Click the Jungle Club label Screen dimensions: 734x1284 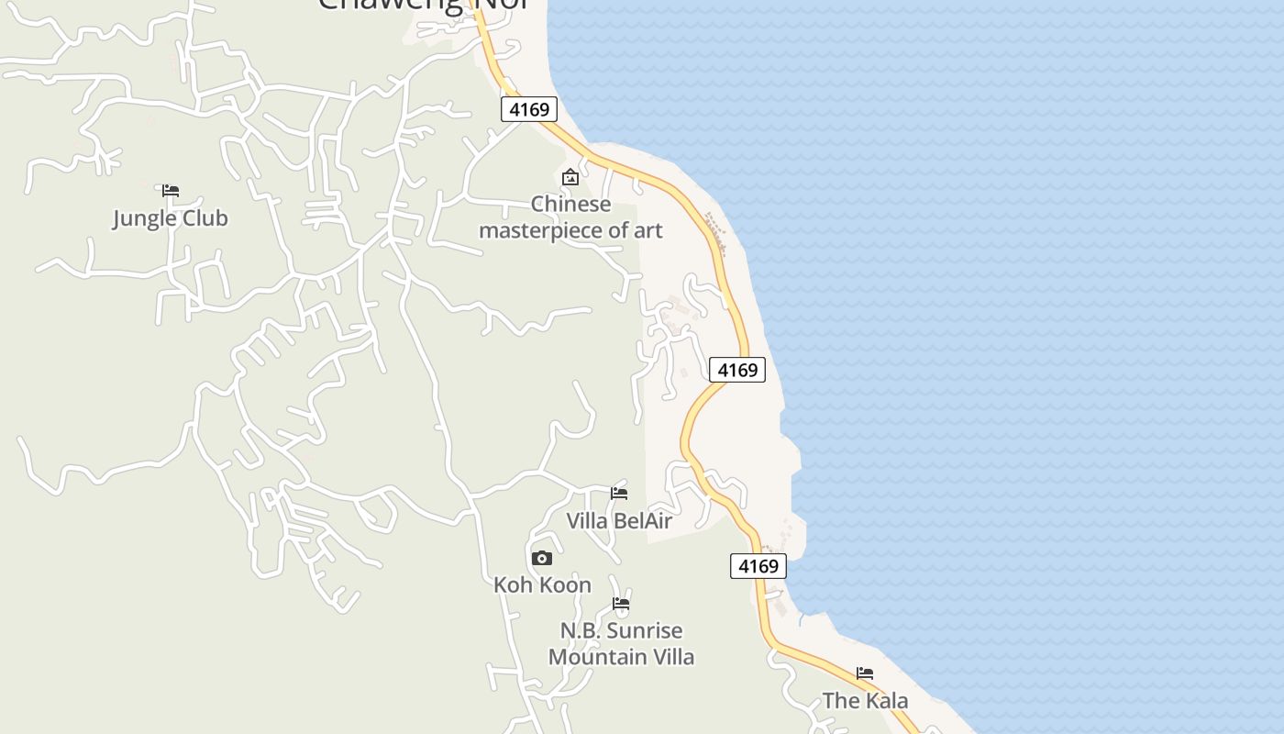pos(170,218)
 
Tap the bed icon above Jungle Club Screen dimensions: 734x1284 pos(171,191)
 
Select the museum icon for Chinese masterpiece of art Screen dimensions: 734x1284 pos(570,177)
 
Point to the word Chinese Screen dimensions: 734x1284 pos(570,204)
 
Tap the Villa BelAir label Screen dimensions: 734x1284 pos(619,521)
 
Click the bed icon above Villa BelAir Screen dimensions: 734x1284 pos(619,494)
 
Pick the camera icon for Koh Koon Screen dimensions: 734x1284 pos(542,558)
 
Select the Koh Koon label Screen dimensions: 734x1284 pos(542,584)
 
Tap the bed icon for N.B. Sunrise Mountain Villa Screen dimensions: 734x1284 pos(621,604)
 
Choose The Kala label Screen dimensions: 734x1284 pos(865,701)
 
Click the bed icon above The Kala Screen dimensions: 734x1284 pos(865,673)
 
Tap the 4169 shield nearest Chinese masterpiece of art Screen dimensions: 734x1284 pos(529,110)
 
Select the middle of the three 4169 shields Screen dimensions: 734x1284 pos(737,370)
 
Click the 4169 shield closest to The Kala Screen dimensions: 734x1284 pos(758,566)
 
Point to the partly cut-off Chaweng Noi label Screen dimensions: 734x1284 pos(424,5)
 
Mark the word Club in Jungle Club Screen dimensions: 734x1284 pos(205,218)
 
